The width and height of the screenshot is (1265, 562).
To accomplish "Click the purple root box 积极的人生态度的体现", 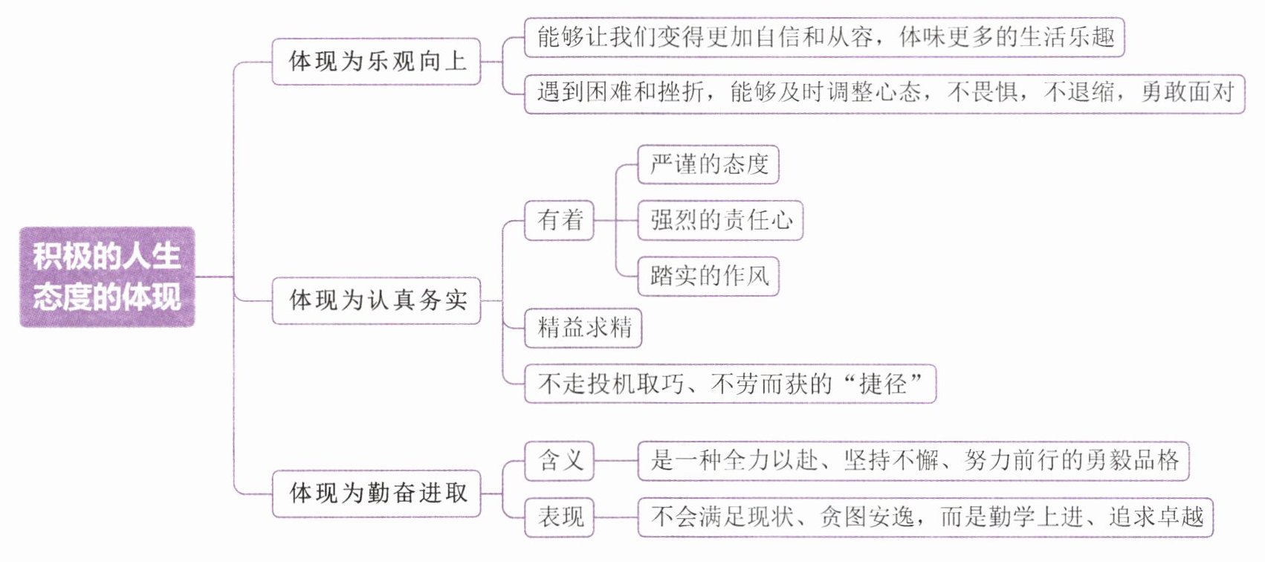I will click(x=107, y=277).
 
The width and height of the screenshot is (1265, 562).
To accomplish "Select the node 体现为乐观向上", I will click(x=376, y=62).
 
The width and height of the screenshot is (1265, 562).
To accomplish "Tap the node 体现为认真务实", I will click(x=376, y=300).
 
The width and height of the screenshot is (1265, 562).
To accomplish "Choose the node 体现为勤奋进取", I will click(x=376, y=493).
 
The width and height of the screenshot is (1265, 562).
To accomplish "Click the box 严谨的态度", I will click(x=708, y=164).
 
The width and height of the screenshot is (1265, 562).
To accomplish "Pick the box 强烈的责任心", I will click(x=720, y=220).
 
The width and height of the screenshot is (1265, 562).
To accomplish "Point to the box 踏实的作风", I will click(x=708, y=276).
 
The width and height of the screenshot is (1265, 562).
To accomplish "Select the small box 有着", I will click(x=560, y=220).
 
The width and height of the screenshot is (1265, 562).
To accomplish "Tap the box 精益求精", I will click(x=583, y=328).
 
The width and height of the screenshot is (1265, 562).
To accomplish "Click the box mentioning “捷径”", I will click(x=730, y=384).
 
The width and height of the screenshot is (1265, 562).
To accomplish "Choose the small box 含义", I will click(x=560, y=460).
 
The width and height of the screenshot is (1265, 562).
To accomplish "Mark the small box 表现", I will click(x=560, y=517).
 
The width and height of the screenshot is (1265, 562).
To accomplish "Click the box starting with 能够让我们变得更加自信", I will click(x=824, y=37).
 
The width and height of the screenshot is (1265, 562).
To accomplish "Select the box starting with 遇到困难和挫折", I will click(x=884, y=93).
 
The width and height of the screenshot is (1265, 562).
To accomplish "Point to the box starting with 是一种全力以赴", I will click(x=913, y=460).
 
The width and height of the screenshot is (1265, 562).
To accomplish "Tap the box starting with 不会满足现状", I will click(x=925, y=517).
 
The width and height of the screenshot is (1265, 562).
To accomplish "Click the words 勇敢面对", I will click(x=1187, y=93).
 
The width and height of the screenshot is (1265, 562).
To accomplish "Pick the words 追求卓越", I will click(x=1156, y=517).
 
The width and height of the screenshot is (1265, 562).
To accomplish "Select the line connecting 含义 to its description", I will click(x=616, y=461).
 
